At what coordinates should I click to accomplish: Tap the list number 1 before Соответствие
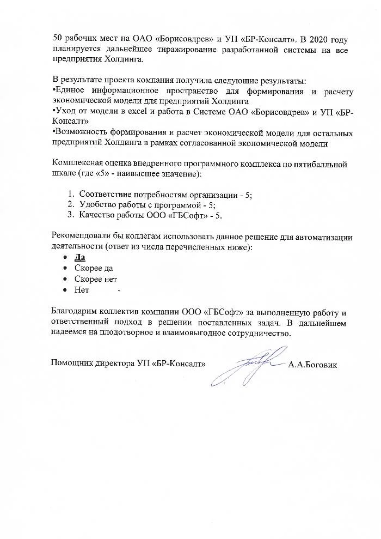click(x=71, y=195)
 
